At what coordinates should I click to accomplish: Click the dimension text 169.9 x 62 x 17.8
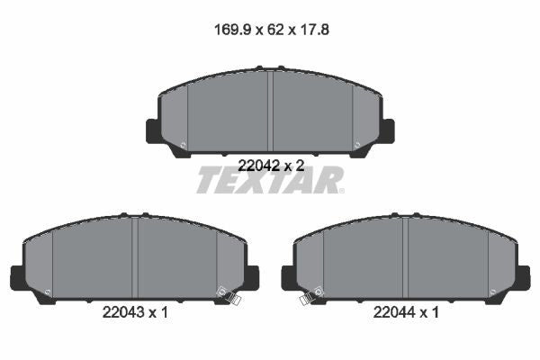(x=272, y=30)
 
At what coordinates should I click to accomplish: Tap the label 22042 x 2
(x=272, y=166)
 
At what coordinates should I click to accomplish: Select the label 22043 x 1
(x=135, y=312)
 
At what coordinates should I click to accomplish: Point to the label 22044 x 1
(x=406, y=312)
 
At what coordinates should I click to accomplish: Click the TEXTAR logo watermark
(x=270, y=180)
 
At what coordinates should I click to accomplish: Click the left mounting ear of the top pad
(x=154, y=130)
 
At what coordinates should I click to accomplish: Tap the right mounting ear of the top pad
(x=387, y=130)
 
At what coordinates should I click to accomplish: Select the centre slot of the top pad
(x=270, y=111)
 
